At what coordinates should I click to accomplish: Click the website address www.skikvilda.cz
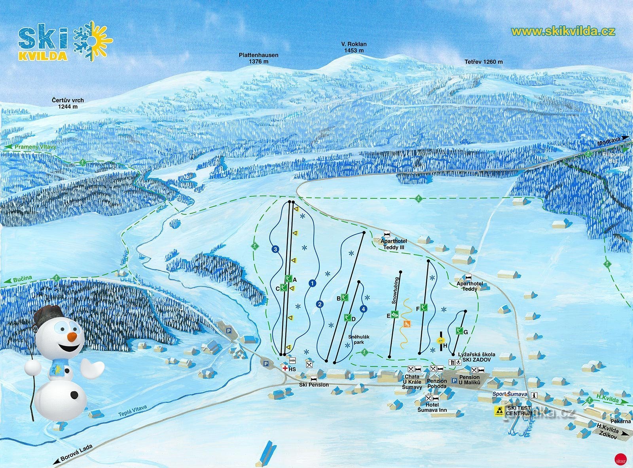pos(563,32)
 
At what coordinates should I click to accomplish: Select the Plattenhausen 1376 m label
pos(258,58)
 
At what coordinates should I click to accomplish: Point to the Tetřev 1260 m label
pos(483,62)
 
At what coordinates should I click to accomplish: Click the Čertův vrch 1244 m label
pos(68,103)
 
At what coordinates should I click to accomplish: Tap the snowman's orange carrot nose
pos(72,336)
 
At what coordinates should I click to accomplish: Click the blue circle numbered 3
pos(275,249)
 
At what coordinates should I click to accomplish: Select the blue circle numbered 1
pos(313,283)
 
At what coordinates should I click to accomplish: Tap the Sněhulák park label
pos(359,340)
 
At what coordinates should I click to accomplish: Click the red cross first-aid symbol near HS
pos(284,368)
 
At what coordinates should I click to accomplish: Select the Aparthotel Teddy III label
pos(393,244)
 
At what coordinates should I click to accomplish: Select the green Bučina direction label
pos(22,279)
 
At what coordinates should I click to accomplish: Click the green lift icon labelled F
pos(424,307)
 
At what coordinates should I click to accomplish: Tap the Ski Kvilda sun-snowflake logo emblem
pos(93,41)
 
